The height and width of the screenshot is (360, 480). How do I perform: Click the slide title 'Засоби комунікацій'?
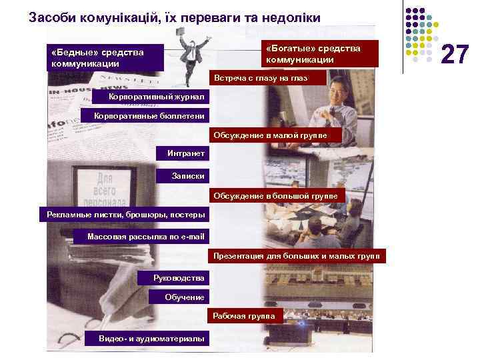click(x=175, y=18)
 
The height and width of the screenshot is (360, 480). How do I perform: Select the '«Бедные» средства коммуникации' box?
click(x=105, y=57)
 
